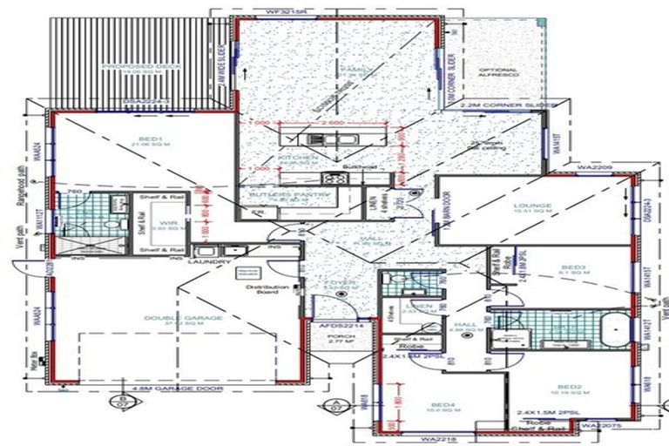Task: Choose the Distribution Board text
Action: (261, 289)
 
